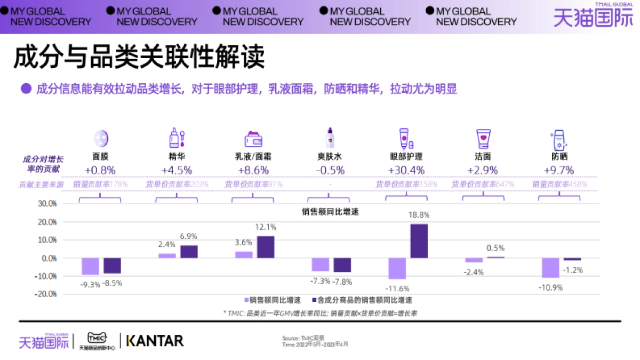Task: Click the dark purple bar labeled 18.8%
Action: point(419,241)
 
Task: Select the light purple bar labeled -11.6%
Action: point(397,268)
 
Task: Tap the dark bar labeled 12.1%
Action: point(266,247)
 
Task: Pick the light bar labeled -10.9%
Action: point(550,268)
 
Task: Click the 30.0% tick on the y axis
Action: point(46,204)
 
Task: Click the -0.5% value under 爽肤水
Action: point(330,171)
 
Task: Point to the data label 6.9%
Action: point(188,236)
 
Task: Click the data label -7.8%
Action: point(342,282)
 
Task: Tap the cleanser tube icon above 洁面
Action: point(483,139)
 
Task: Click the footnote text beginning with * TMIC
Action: point(319,313)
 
